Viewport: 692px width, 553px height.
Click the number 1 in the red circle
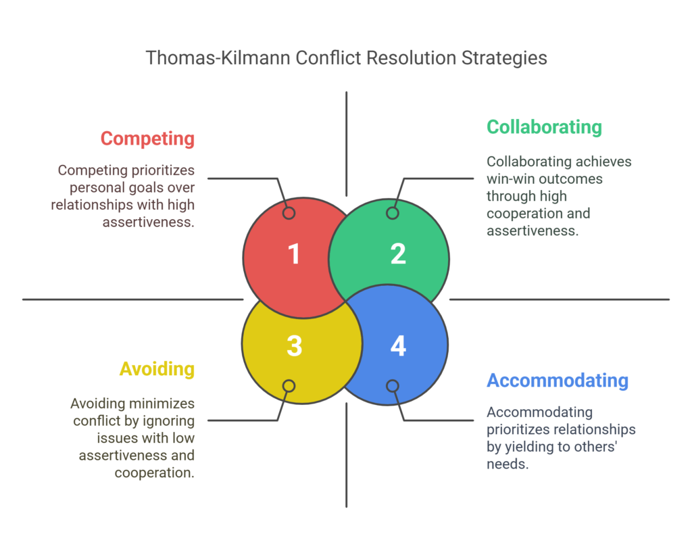294,255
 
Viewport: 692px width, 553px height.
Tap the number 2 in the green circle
398,254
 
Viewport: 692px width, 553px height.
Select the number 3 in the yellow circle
294,345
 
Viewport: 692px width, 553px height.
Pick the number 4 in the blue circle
398,345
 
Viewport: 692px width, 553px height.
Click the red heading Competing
147,139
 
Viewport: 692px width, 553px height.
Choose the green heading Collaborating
544,127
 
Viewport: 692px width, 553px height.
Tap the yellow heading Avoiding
157,369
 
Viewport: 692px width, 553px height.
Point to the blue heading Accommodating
558,381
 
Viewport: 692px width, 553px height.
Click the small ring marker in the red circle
289,213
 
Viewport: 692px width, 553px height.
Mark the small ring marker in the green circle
393,213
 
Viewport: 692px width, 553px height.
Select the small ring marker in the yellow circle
289,386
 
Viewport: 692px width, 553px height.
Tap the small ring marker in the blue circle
393,386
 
